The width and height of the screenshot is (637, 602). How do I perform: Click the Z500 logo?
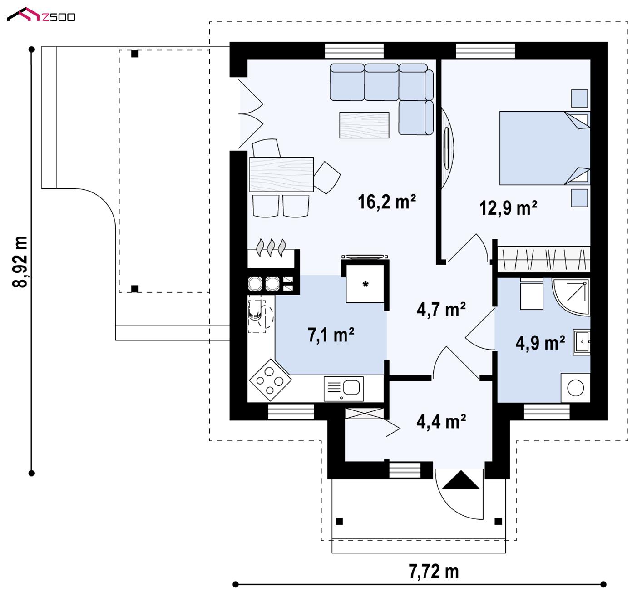coord(41,15)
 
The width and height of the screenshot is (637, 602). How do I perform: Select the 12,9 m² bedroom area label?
coord(508,207)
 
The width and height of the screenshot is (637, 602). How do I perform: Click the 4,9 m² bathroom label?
coord(540,343)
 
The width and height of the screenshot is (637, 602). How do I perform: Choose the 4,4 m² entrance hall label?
coord(441,421)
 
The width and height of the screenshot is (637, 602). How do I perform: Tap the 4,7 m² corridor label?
coord(441,310)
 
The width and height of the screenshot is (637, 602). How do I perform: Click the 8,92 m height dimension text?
coord(20,262)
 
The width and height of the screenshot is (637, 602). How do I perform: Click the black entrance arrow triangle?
coord(460,480)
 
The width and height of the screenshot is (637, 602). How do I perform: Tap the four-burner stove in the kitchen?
coord(270,380)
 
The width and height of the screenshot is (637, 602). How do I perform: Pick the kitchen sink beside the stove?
coord(343,389)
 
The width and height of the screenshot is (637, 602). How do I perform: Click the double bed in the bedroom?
coord(544,148)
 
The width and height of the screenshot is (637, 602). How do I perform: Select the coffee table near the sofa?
coord(364,125)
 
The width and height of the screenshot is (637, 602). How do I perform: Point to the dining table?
coord(281,174)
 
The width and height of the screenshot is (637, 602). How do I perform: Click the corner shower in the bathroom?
coord(571,296)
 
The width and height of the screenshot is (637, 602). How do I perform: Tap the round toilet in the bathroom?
coord(575,388)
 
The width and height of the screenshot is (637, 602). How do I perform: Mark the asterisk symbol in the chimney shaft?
coord(365,284)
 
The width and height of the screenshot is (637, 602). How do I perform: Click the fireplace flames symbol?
coord(271,247)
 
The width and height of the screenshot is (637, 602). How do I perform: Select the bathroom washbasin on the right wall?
coord(582,342)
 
